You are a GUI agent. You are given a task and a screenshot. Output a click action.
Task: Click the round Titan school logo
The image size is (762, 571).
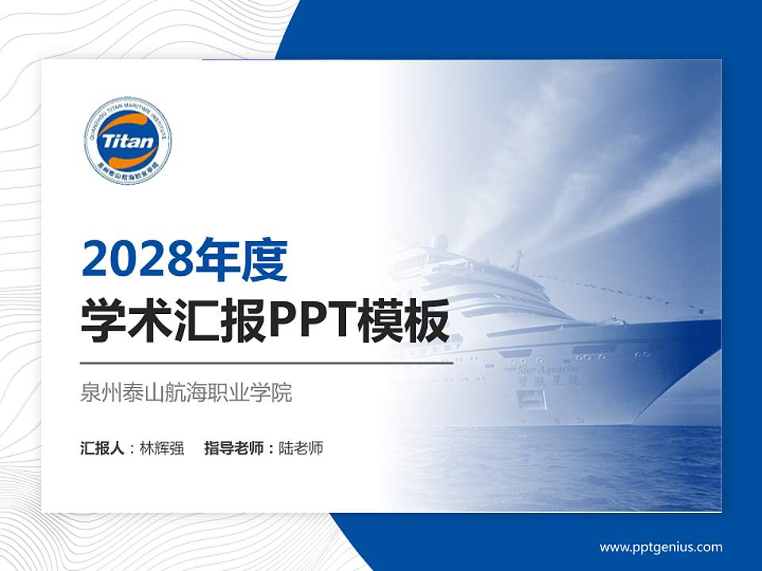tap(128, 141)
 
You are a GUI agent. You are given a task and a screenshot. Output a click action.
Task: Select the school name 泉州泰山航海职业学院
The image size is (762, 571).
tap(187, 393)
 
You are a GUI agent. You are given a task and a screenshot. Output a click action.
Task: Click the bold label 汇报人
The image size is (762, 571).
tap(102, 448)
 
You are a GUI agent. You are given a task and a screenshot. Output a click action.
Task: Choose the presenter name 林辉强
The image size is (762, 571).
tap(162, 448)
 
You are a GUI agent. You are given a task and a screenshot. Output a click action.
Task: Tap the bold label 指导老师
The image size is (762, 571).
tap(235, 448)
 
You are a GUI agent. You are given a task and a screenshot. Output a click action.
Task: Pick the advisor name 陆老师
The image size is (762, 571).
tap(301, 448)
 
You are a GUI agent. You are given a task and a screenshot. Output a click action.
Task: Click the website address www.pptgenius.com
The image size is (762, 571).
tap(660, 546)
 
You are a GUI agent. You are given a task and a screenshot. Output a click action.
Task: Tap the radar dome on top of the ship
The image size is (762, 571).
tap(439, 242)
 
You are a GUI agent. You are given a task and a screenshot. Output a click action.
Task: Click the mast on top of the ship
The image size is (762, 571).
tap(518, 260)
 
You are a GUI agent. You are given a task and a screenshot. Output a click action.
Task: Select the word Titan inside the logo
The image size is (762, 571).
tap(128, 142)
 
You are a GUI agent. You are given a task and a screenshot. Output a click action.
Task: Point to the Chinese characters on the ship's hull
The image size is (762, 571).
tap(556, 381)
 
